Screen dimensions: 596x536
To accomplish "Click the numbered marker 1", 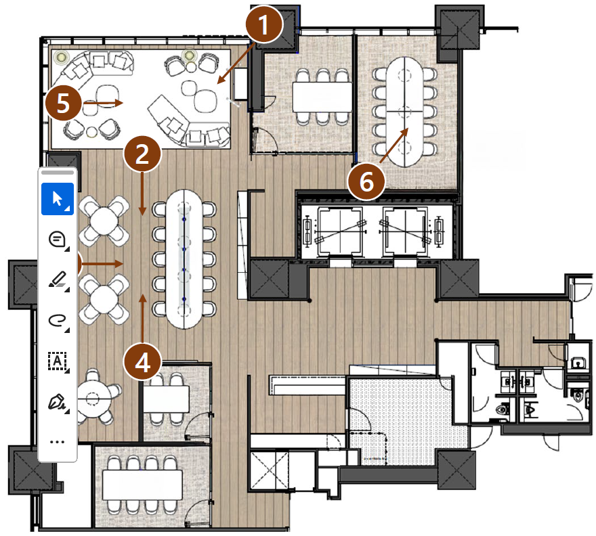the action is click(263, 24).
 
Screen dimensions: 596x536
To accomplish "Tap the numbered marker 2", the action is click(142, 154).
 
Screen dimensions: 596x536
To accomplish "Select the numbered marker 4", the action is click(142, 362).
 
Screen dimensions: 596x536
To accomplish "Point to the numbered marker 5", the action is click(63, 103).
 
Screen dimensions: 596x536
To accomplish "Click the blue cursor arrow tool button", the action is click(58, 199).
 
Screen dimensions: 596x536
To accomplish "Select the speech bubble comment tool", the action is click(58, 240).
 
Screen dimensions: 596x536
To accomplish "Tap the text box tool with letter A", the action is click(58, 361).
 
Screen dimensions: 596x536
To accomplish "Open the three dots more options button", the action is click(57, 442).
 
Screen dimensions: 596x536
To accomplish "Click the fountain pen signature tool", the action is click(58, 402).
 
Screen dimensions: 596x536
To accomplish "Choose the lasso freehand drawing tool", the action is click(58, 321).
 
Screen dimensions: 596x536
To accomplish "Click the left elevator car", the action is click(339, 231).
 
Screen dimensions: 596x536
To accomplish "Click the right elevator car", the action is click(404, 231).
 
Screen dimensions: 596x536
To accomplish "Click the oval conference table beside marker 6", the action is click(404, 112).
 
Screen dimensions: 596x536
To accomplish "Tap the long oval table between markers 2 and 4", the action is click(184, 259).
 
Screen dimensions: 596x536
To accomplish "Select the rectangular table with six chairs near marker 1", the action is click(322, 97).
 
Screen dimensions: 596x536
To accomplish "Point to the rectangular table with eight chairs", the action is click(142, 485).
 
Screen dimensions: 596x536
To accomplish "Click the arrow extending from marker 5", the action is click(103, 103).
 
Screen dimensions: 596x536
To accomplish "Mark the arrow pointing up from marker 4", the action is click(142, 318).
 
